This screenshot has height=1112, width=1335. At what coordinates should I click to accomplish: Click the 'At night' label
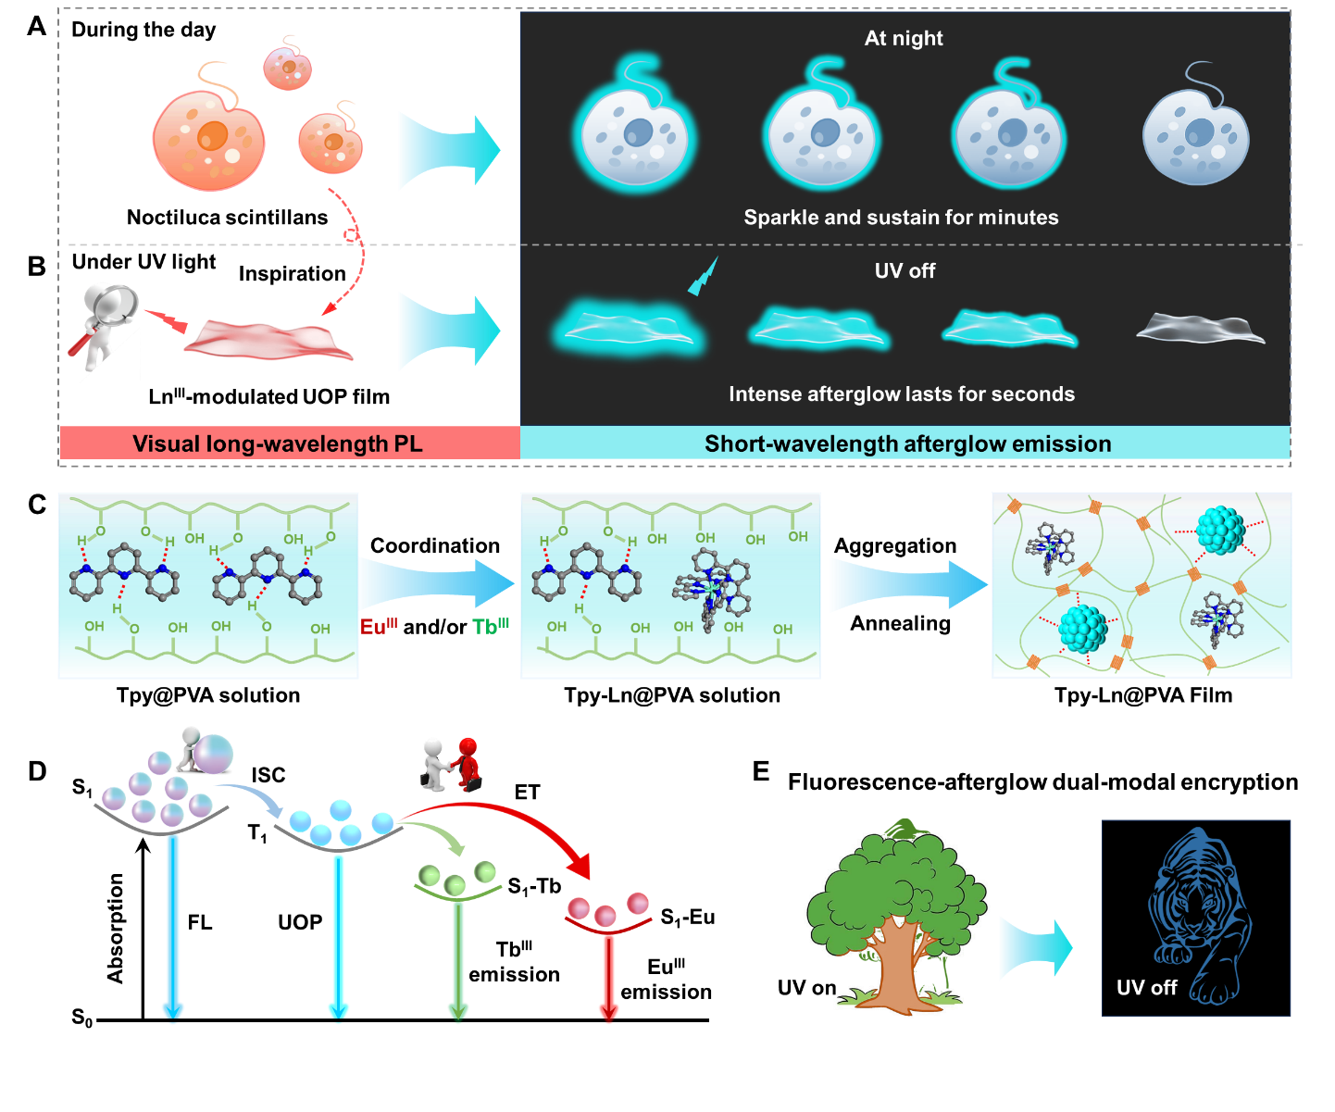click(904, 38)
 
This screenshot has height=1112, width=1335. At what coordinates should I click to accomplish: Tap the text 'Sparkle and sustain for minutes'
click(901, 218)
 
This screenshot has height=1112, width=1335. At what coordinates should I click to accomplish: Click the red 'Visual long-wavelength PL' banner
click(278, 444)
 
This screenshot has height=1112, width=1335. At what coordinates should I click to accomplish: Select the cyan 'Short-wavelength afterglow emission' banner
click(907, 444)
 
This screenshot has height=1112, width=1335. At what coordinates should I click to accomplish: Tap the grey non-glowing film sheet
click(1201, 328)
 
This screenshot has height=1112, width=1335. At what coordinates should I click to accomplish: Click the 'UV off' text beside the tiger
click(1146, 988)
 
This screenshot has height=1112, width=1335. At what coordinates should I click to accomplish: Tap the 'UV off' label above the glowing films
click(905, 271)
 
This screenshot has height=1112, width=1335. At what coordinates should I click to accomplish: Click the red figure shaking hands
click(468, 764)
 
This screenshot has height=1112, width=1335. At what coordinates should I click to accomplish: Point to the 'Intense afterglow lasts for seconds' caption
click(902, 394)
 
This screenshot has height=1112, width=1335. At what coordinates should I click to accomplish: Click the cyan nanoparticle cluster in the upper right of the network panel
click(1220, 531)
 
